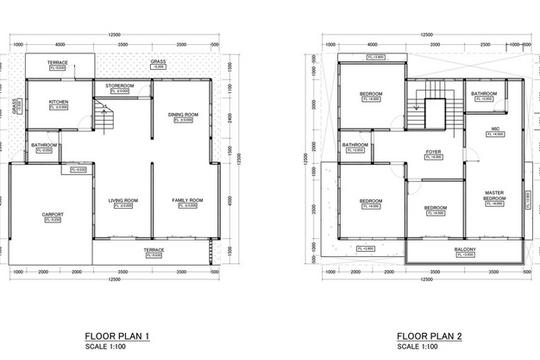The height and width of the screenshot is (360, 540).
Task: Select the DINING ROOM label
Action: (x=183, y=115)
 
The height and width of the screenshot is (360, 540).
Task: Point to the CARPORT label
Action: (x=53, y=215)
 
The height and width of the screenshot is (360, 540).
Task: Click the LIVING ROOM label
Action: (x=123, y=201)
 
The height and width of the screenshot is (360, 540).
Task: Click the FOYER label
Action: (x=433, y=152)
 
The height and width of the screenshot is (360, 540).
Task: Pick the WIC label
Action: (x=495, y=129)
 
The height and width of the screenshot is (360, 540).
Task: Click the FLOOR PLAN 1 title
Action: (x=119, y=335)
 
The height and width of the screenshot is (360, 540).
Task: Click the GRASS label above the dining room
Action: (x=158, y=61)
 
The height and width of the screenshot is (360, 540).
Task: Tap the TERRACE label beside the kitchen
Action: (x=58, y=62)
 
